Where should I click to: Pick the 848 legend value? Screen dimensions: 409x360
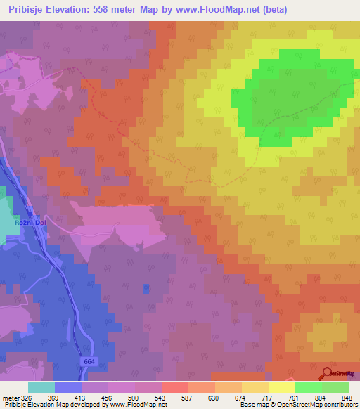pos(336,398)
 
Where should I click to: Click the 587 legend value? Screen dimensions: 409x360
pos(175,398)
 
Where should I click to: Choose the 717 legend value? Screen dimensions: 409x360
pos(255,398)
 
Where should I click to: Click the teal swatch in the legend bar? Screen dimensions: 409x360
pos(41,387)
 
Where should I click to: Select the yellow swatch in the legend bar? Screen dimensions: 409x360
pos(281,387)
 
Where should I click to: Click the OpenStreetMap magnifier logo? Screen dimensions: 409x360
pos(328,373)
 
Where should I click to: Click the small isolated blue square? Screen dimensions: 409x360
pos(146,288)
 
